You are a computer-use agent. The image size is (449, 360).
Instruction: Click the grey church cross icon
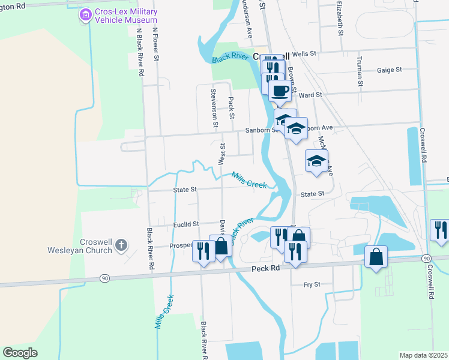(121, 245)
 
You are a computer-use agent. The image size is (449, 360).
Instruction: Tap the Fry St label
(312, 284)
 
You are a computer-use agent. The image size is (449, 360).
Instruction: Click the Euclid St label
(185, 224)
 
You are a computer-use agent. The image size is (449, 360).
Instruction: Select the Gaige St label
(389, 70)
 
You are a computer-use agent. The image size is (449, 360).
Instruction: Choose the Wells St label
(304, 54)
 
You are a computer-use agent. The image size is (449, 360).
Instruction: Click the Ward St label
(310, 95)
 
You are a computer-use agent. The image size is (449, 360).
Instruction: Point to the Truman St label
(360, 71)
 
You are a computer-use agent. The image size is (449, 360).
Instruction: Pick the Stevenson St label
(213, 108)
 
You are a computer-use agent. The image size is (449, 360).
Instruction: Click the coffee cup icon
(279, 91)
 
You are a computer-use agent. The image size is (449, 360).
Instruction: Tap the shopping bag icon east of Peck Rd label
(375, 257)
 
